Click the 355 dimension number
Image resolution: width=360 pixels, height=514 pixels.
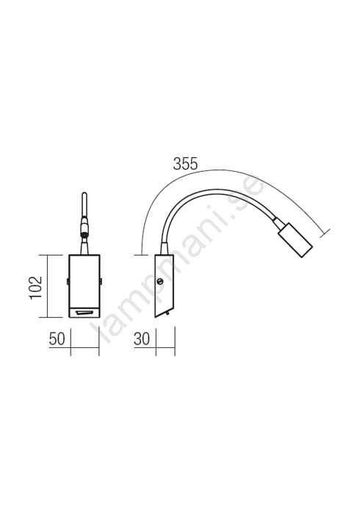pyautogui.click(x=185, y=164)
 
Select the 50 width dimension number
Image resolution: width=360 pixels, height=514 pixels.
pyautogui.click(x=57, y=339)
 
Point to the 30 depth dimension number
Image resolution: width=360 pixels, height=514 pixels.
pyautogui.click(x=142, y=339)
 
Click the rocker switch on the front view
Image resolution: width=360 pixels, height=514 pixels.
pyautogui.click(x=84, y=313)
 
